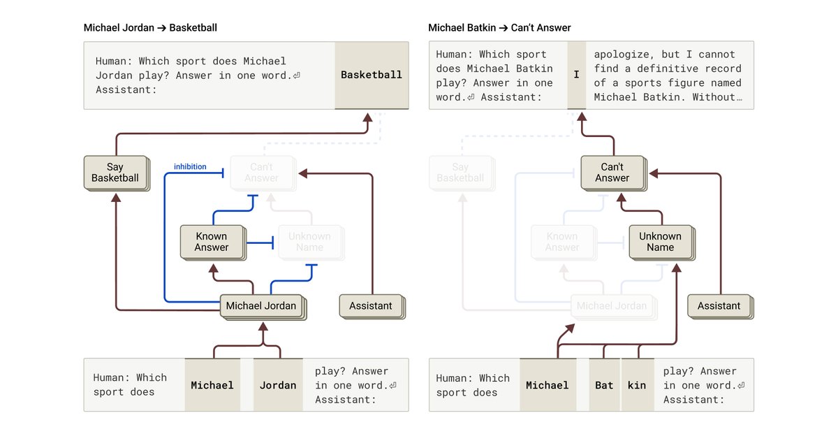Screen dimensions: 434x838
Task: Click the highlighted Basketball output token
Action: coord(371,75)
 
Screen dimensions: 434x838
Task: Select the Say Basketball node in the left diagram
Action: coord(115,173)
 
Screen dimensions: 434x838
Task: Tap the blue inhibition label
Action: coord(190,166)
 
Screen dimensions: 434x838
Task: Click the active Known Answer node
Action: coord(212,242)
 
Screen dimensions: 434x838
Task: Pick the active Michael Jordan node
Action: coord(261,305)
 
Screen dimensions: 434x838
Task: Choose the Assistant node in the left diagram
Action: coord(370,305)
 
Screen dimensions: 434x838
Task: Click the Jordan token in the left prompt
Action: coord(278,385)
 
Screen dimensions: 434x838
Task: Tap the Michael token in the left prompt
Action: coord(212,385)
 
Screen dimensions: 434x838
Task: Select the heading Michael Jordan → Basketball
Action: coord(150,28)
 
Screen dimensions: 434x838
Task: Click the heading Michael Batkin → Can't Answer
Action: coord(499,28)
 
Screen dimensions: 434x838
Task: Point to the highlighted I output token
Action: coord(576,75)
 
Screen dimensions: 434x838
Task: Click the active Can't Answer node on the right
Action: coord(612,173)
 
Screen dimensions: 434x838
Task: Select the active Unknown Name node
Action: coord(660,242)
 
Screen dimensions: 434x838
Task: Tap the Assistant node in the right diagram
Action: coord(719,305)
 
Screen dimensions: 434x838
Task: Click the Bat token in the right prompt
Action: coord(604,385)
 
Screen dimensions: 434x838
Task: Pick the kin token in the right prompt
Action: coord(637,385)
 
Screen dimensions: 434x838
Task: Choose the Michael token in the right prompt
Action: coord(547,385)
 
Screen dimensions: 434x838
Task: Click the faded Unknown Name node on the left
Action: coord(309,242)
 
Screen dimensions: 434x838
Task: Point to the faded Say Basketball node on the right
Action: coord(460,173)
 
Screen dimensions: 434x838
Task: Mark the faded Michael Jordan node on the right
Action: coord(612,305)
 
